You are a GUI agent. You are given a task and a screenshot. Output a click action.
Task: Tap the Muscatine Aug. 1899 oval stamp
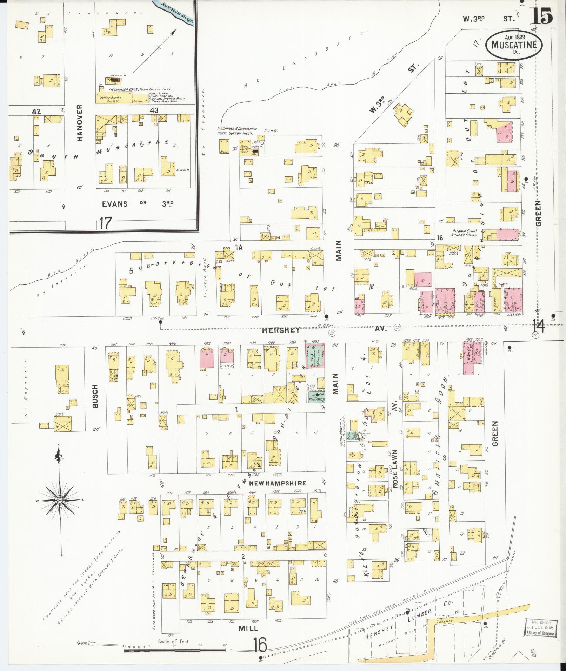[514, 45]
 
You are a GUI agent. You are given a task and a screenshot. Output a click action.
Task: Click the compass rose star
[60, 499]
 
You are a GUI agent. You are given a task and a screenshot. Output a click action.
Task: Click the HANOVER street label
[80, 122]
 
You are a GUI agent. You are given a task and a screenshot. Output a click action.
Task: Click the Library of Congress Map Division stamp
[540, 627]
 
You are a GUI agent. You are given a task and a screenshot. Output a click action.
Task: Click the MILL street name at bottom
[248, 628]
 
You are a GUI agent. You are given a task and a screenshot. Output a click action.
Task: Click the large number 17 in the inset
[105, 223]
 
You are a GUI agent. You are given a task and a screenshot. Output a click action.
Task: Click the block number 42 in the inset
[36, 112]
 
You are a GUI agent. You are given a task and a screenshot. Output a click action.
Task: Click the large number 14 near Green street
[538, 326]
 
